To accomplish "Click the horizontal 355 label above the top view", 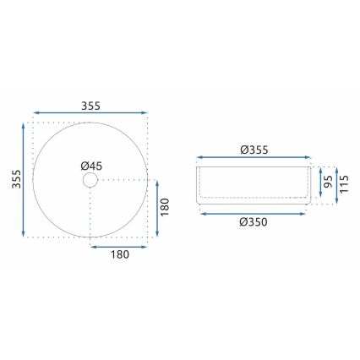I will coord(91,106).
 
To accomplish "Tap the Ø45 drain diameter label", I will coord(91,166).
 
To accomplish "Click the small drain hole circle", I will coord(90,180).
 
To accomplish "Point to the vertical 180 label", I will coord(165,206).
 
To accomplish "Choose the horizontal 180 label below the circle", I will coord(121,259).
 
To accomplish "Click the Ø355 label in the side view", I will coord(254,150).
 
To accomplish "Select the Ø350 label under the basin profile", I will coord(254,222).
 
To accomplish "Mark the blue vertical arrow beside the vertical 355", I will coord(24,179).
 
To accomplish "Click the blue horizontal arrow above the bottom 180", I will coord(121,248).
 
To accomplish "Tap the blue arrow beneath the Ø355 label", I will coord(254,157).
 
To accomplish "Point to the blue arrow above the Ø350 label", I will coord(254,212).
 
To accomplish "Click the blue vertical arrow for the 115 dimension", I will coord(335,184).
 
